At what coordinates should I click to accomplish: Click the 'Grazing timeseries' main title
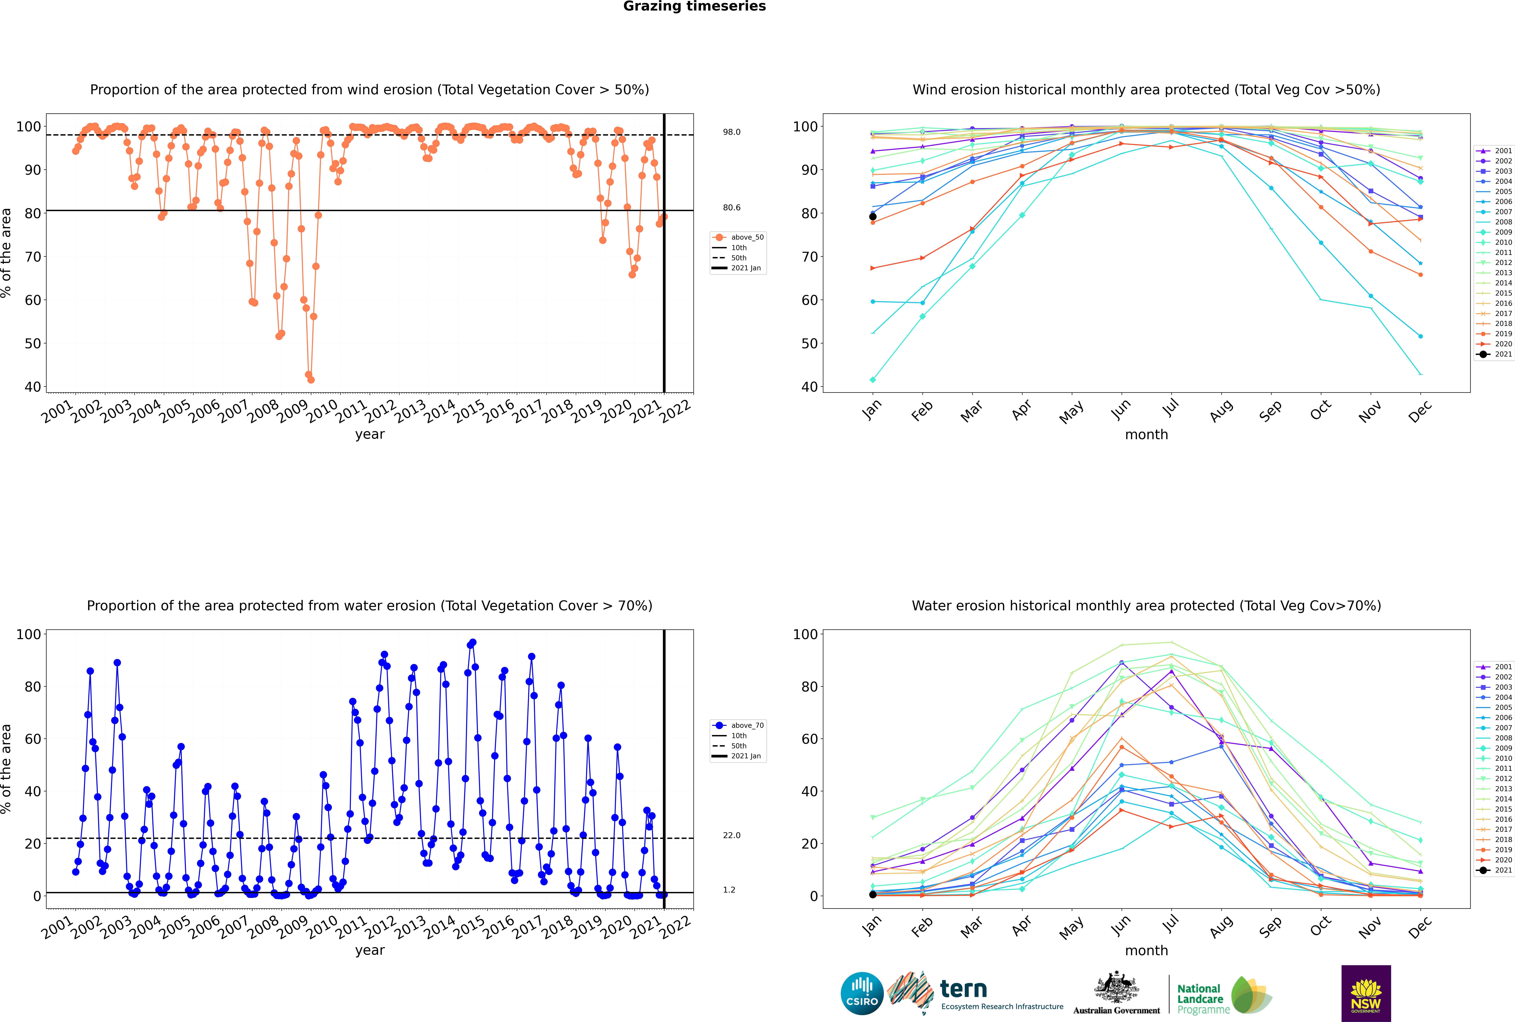pos(694,6)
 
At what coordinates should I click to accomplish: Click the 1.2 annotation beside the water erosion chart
pos(729,890)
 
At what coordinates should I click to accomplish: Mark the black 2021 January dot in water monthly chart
pos(873,894)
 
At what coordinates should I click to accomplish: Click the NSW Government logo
pos(1366,993)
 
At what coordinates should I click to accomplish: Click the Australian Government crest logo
pos(1116,993)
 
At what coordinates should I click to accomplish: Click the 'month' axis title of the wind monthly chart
pos(1146,435)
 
